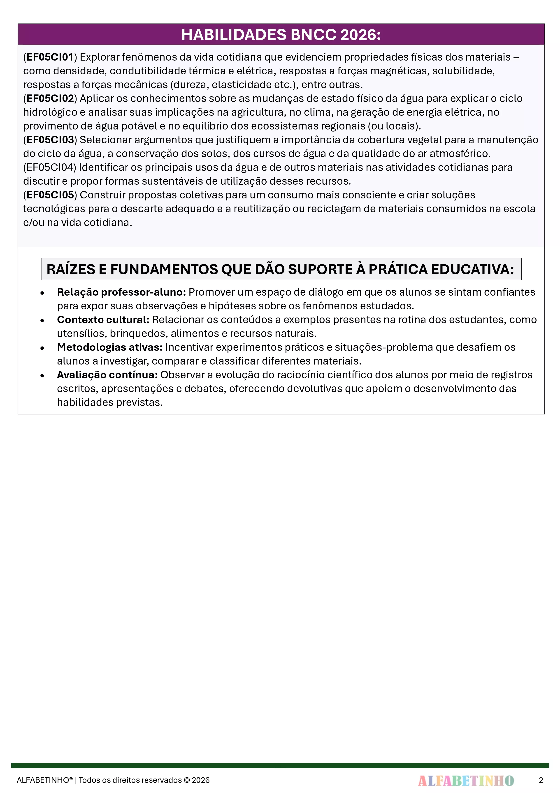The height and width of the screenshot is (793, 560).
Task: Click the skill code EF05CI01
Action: click(50, 57)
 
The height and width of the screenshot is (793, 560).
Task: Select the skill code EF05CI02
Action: click(50, 99)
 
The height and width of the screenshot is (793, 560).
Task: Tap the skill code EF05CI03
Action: click(50, 140)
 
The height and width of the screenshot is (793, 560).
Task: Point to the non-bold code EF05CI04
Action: click(50, 167)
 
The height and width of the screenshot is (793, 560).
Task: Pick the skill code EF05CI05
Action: click(50, 195)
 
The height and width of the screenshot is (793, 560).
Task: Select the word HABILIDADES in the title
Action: click(234, 35)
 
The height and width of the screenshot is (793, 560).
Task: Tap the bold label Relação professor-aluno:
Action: click(121, 292)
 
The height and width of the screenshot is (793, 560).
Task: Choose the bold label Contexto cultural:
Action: click(103, 320)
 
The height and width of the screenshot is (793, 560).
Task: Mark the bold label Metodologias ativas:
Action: click(110, 347)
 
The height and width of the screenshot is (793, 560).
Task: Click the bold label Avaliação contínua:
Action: click(107, 375)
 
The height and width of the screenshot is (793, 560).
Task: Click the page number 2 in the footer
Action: click(541, 780)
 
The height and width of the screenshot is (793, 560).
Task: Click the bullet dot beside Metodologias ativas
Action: click(42, 348)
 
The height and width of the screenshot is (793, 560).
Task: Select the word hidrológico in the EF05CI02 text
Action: click(50, 112)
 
